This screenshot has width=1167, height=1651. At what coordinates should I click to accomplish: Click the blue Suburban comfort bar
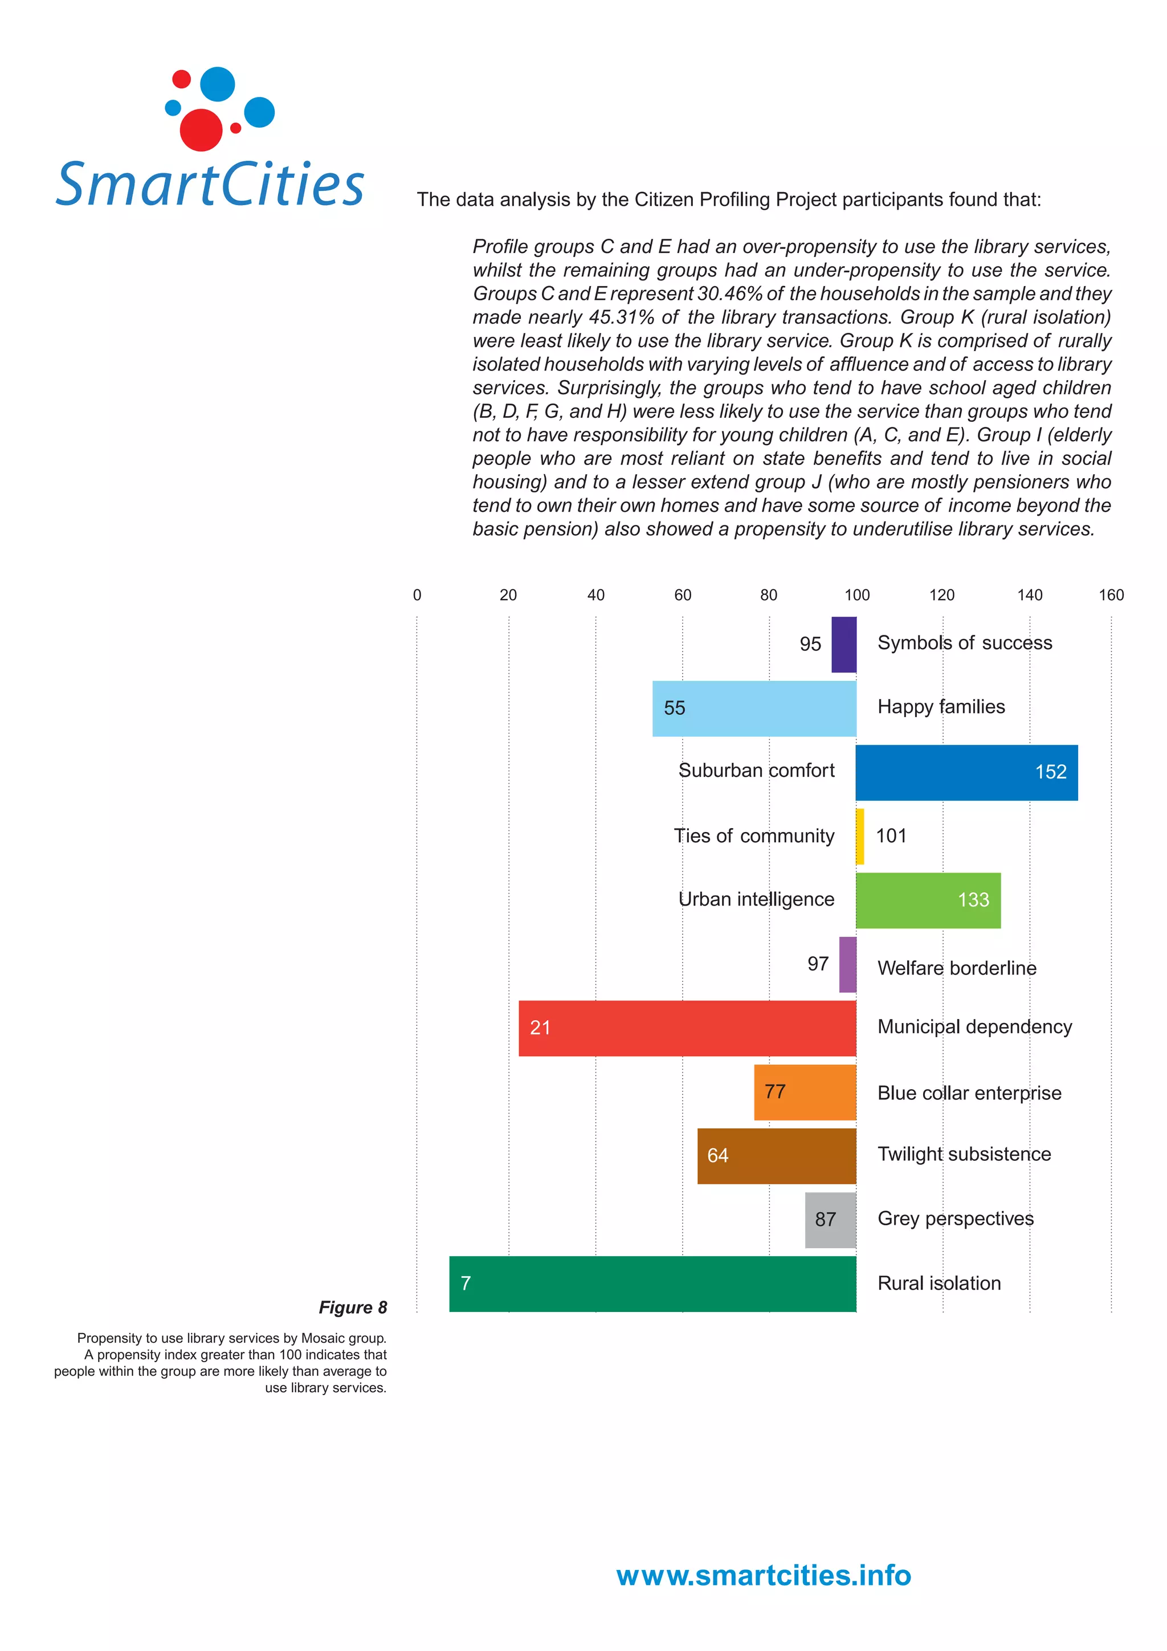966,772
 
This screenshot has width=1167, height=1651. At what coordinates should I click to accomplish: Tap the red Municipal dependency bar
687,1028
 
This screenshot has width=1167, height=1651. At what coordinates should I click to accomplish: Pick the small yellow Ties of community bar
860,836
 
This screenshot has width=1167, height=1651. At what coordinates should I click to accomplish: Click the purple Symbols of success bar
843,645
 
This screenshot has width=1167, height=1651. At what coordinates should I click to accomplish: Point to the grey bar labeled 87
830,1220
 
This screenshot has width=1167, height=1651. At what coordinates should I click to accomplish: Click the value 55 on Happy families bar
674,708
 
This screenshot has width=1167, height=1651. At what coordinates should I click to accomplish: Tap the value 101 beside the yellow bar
891,835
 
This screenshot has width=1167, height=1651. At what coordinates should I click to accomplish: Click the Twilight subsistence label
964,1154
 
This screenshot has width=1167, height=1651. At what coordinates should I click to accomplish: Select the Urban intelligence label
756,899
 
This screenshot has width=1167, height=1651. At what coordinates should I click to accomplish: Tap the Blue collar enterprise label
969,1093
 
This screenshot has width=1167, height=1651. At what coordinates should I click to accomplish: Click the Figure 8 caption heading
352,1307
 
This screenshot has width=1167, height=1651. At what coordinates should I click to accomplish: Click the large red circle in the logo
201,130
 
